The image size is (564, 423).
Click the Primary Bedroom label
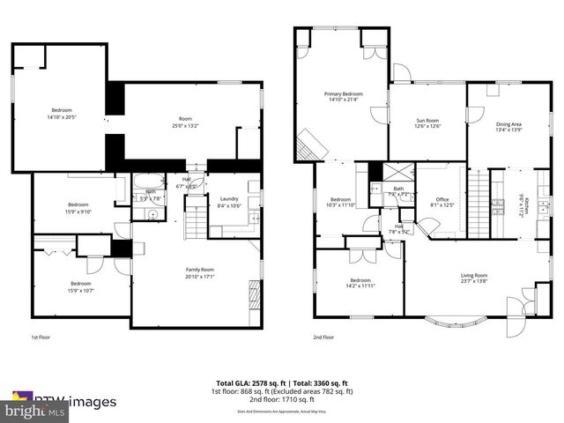[344, 96]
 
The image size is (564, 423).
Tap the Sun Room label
[428, 122]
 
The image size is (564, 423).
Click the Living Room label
[474, 278]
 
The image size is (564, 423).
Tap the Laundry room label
[229, 203]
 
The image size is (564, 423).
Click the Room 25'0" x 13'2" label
[185, 122]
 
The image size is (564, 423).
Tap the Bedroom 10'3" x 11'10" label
[342, 202]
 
